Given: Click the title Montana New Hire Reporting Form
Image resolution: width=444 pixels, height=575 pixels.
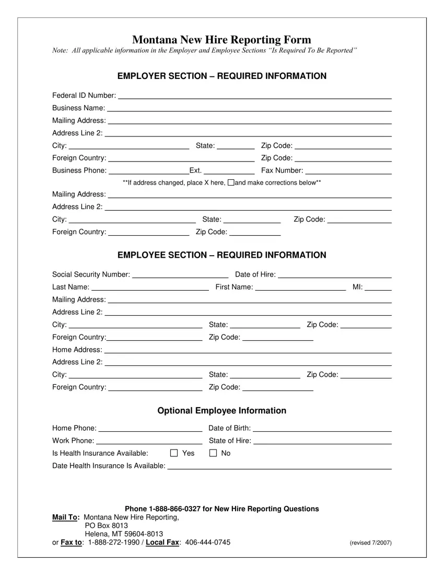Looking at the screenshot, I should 221,40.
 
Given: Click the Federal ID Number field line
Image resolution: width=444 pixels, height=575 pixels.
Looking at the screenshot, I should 255,96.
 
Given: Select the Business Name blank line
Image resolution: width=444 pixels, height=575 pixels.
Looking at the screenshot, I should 249,108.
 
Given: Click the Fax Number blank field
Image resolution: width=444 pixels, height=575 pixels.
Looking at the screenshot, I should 348,171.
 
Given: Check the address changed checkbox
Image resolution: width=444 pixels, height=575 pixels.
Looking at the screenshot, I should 231,182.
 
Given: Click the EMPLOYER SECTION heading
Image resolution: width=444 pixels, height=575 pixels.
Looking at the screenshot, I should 221,76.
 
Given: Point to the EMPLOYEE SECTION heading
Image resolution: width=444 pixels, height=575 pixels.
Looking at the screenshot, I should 221,255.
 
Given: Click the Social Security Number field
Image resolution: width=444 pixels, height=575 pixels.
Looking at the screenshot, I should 180,275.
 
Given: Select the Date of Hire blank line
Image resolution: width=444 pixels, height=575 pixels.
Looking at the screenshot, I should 335,275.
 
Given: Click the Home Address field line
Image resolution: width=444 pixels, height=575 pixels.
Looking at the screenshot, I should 248,350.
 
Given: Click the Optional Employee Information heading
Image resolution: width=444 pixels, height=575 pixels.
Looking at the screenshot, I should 221,411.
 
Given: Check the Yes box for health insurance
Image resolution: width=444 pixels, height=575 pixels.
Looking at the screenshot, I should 174,453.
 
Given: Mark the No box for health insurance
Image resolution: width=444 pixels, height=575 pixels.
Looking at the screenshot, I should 213,453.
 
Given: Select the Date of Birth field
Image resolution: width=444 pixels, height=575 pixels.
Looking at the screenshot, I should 322,429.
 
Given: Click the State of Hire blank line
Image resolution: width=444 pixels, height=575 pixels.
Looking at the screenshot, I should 322,441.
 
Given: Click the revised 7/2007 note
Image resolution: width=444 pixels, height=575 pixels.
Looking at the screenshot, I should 370,543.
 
